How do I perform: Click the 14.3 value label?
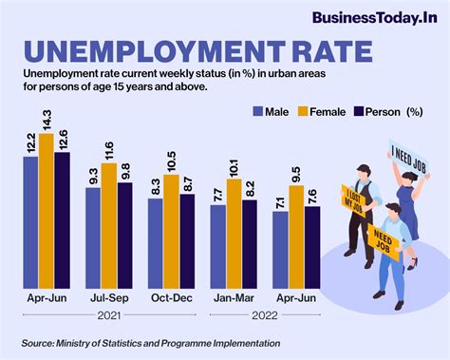point(46,118)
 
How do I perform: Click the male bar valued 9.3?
point(93,241)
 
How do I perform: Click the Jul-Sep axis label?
point(108,298)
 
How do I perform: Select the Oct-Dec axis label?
point(171,298)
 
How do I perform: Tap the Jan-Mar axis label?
point(234,298)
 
